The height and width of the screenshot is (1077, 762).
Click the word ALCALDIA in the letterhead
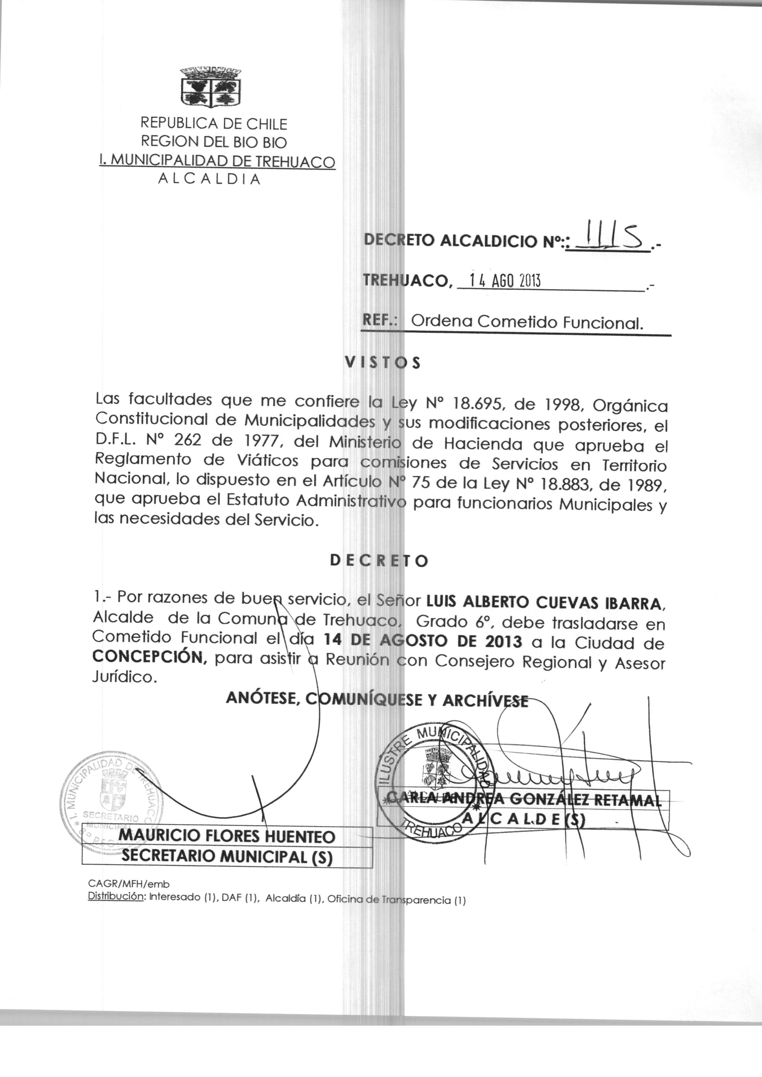coord(209,179)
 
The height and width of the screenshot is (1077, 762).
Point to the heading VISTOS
coord(383,363)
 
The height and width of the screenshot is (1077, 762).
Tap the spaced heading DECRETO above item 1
coord(379,561)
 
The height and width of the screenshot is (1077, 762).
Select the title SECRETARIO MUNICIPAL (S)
coord(227,856)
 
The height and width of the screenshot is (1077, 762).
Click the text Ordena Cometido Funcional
coord(526,323)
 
